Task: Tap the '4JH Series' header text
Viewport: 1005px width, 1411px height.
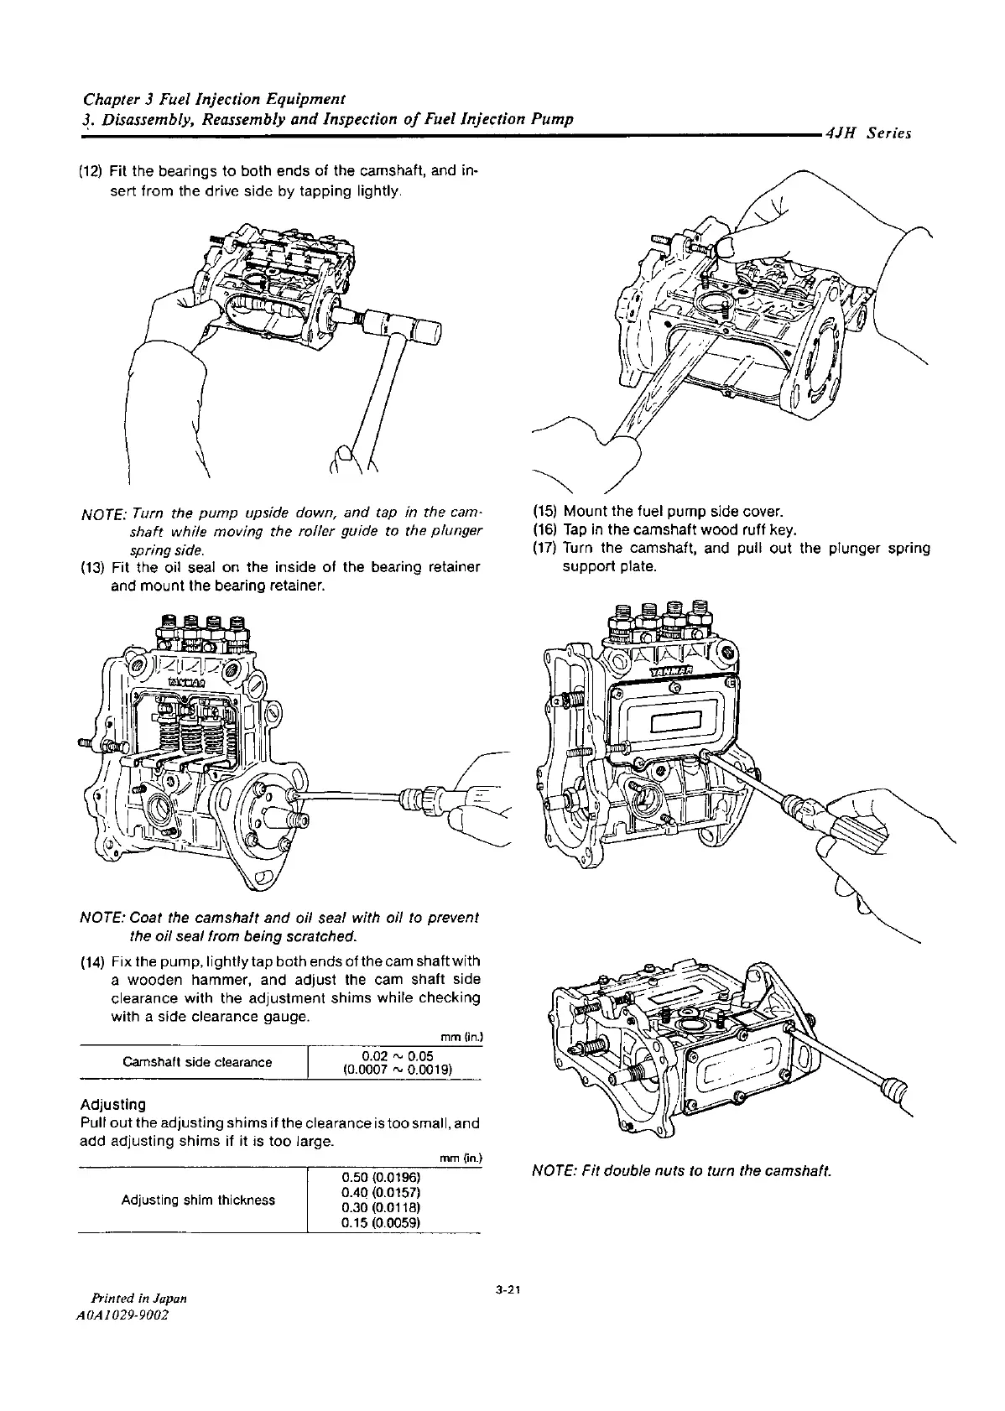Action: [x=867, y=133]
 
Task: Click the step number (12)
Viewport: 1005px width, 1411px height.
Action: [x=90, y=173]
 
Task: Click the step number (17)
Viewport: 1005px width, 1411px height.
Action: [x=545, y=549]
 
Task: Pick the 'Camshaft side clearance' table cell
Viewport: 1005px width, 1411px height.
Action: [x=197, y=1062]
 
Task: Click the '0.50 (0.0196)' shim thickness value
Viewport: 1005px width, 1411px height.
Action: [x=381, y=1178]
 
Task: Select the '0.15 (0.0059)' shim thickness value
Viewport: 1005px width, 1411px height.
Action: [x=381, y=1222]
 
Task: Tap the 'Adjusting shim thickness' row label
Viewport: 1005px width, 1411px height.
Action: [x=198, y=1200]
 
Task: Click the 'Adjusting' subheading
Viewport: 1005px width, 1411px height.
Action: [x=112, y=1104]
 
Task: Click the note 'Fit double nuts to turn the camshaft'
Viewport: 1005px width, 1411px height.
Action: [x=680, y=1170]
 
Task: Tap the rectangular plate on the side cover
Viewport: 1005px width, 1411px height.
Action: [x=675, y=720]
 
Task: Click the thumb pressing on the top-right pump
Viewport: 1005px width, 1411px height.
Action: [x=721, y=246]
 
